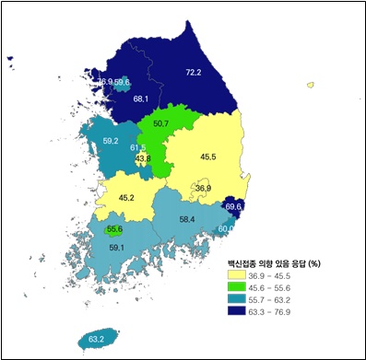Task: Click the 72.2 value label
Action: [x=193, y=72]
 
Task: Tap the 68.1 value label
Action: [x=141, y=98]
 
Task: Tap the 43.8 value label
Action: [x=143, y=158]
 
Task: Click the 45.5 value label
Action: [x=208, y=157]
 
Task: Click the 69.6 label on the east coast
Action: [x=233, y=207]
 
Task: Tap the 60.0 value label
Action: [x=225, y=228]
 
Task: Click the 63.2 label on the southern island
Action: [x=96, y=340]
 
